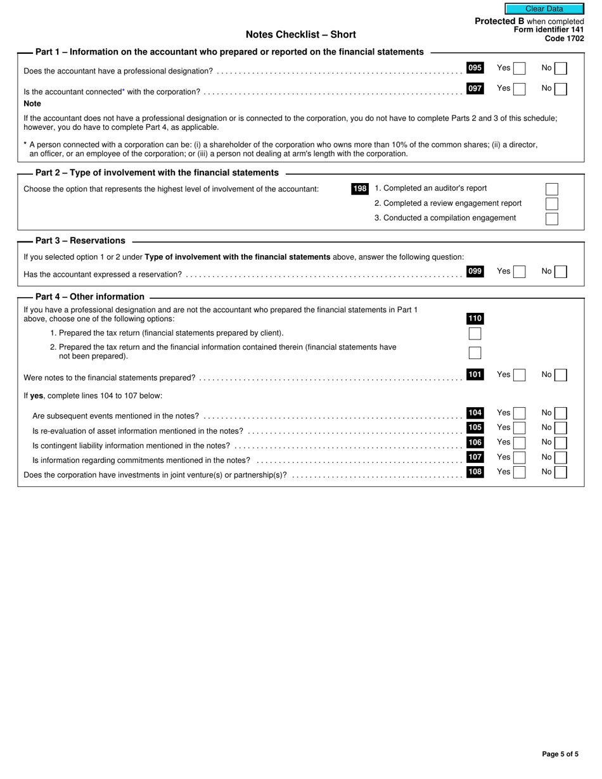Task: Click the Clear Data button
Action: point(544,9)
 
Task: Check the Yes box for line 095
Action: point(519,68)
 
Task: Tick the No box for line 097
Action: point(560,89)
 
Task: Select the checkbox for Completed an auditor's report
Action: point(551,189)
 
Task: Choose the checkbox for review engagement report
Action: point(551,203)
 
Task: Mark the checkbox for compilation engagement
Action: point(551,218)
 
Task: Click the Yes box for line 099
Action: point(519,272)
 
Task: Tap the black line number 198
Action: point(360,189)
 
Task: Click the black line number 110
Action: point(475,319)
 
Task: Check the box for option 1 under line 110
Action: point(475,334)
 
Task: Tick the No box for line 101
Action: point(560,375)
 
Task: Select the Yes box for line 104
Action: point(519,413)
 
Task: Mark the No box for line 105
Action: point(560,428)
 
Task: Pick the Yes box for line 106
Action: point(519,443)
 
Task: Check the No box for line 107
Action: point(560,457)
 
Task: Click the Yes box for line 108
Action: point(519,472)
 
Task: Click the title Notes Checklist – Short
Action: point(300,35)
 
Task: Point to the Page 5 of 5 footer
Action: point(560,754)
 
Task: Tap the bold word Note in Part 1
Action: point(32,103)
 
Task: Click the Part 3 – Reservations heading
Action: point(80,241)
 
